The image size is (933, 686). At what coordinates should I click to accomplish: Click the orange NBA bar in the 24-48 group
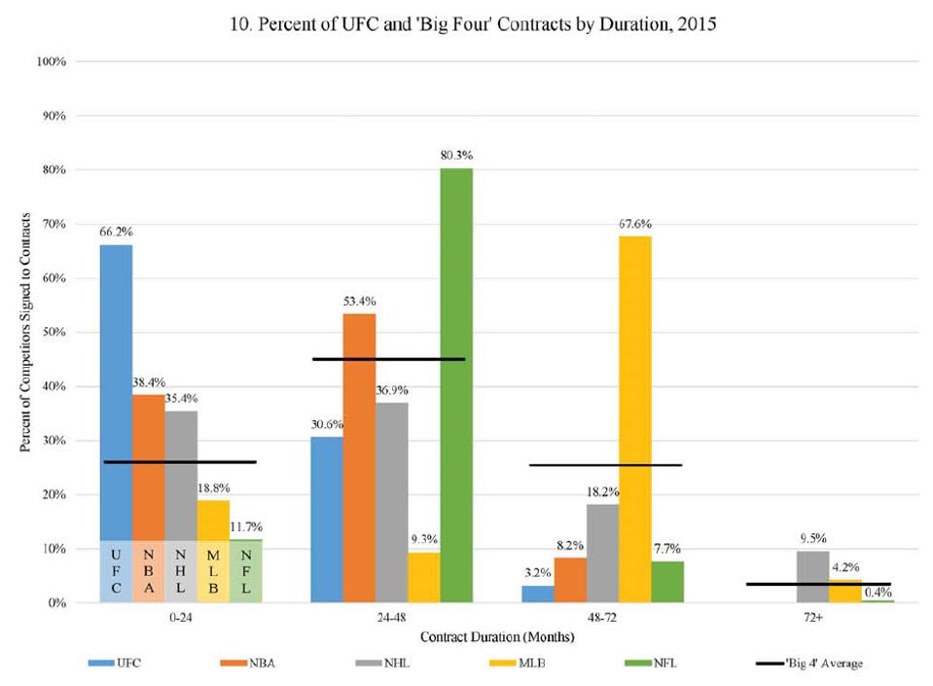click(x=359, y=457)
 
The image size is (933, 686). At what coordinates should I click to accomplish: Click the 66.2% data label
click(x=116, y=233)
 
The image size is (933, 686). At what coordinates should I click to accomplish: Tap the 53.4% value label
click(x=359, y=301)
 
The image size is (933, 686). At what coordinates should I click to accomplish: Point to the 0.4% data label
click(x=879, y=592)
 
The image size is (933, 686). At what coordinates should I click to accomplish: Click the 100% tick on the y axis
click(x=51, y=61)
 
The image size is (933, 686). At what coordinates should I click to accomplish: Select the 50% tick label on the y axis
click(x=53, y=332)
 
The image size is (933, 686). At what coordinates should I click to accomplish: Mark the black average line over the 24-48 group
click(x=389, y=359)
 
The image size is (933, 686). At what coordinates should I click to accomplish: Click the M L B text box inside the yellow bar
click(x=213, y=575)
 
